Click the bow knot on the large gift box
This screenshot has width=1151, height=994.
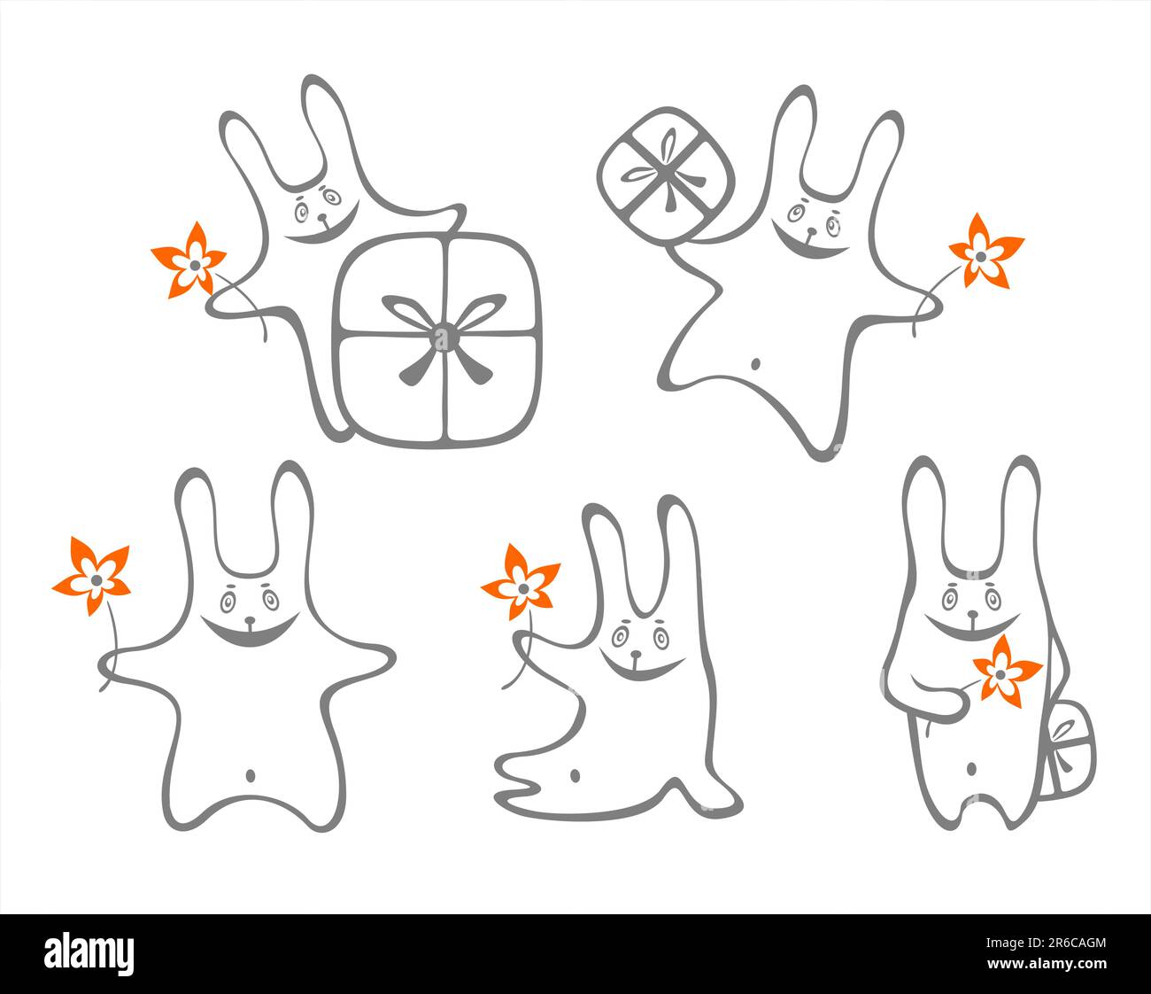tap(443, 336)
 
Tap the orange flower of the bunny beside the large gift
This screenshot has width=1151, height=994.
tap(189, 260)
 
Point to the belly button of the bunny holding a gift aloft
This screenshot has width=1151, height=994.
tap(755, 363)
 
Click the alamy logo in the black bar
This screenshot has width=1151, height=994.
tap(89, 953)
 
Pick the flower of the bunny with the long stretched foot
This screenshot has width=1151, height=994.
tap(520, 583)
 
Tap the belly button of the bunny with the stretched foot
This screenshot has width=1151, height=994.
tap(575, 776)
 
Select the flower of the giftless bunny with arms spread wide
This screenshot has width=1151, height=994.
tap(92, 577)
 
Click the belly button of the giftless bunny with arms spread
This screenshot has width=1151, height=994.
tap(251, 777)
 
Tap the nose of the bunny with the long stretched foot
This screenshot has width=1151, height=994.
tap(636, 656)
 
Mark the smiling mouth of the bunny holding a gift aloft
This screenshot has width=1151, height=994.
tap(804, 245)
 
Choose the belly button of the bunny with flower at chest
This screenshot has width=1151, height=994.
tap(971, 769)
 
